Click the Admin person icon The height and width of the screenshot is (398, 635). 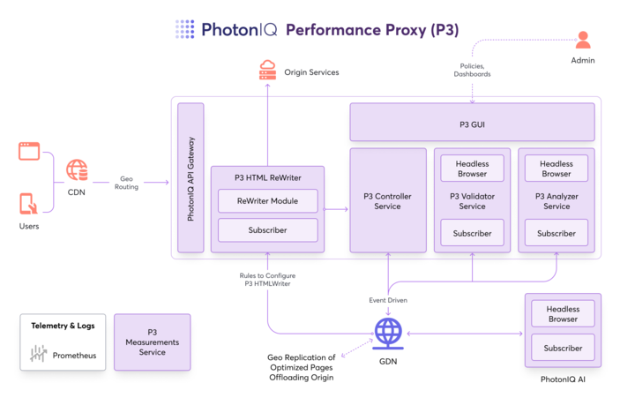582,41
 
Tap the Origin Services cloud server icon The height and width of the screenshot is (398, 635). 267,71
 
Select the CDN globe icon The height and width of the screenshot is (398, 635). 77,169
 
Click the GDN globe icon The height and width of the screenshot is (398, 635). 388,333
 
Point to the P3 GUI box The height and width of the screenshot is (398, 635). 472,124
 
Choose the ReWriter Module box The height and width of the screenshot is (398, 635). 267,200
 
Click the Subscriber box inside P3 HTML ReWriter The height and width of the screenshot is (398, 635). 267,229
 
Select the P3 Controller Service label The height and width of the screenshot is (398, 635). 388,201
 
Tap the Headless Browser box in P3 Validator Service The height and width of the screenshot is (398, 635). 472,169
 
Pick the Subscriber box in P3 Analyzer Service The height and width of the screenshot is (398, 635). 557,233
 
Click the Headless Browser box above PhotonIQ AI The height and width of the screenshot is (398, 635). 563,314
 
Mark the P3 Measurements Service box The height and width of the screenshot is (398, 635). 152,342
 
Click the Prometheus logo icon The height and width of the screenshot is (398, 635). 38,355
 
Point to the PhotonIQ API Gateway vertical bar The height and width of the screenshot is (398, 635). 190,178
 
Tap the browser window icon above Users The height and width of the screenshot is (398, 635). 30,151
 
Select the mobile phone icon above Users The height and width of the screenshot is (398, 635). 28,203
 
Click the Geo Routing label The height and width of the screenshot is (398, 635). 126,182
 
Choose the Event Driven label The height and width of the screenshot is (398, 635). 388,300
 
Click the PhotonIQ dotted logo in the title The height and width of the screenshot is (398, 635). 184,29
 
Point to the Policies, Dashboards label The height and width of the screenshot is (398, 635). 472,70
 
